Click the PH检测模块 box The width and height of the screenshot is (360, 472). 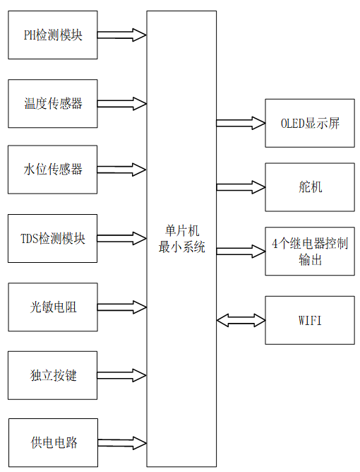click(x=52, y=35)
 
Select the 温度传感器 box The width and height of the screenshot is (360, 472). click(x=52, y=103)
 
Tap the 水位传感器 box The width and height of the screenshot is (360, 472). click(x=52, y=170)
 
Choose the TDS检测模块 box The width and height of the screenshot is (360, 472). click(x=52, y=238)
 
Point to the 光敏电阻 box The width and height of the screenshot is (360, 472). click(x=52, y=307)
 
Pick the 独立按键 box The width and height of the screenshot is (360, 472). click(x=52, y=374)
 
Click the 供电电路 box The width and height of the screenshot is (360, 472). click(x=52, y=442)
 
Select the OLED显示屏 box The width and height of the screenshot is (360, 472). click(x=309, y=123)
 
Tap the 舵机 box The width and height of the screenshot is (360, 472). click(x=309, y=187)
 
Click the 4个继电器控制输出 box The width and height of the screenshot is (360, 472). click(x=309, y=251)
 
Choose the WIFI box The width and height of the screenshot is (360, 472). click(x=309, y=320)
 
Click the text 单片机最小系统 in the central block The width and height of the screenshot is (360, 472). click(x=181, y=240)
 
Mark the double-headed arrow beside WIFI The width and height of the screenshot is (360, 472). click(x=240, y=320)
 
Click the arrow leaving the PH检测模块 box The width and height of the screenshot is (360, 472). click(x=121, y=34)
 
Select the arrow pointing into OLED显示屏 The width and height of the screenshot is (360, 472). click(x=240, y=123)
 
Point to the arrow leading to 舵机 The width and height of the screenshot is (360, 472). click(x=240, y=187)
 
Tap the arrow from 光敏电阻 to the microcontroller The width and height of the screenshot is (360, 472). click(x=121, y=307)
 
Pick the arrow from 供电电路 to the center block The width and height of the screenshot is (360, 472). click(x=121, y=442)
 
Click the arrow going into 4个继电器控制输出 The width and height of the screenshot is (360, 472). click(x=240, y=251)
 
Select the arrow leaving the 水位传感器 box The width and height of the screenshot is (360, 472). click(x=121, y=170)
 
